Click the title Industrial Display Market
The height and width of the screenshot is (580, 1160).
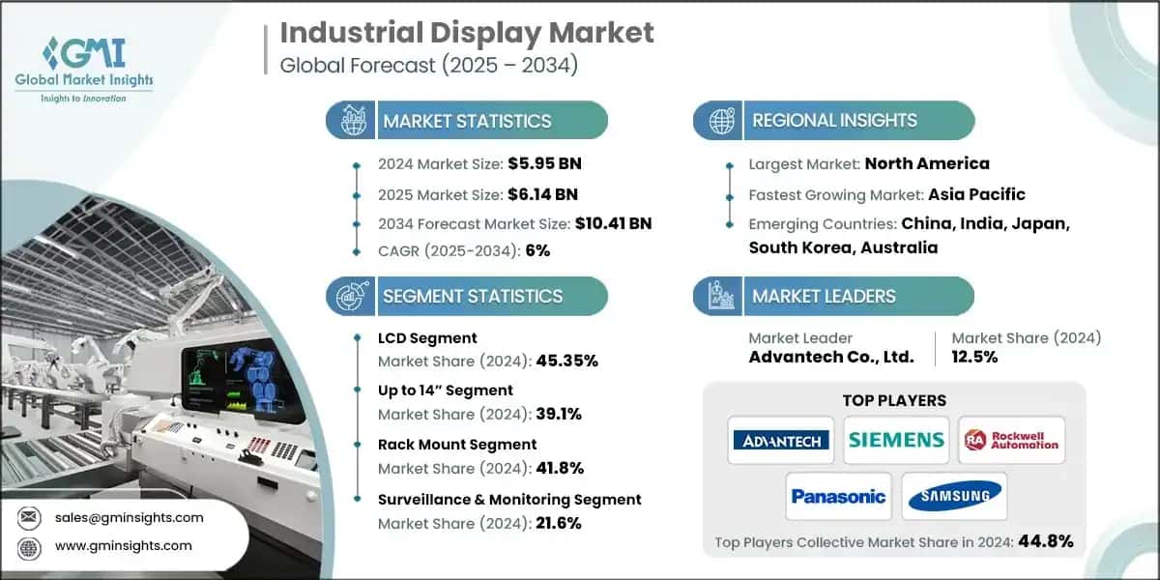click(466, 33)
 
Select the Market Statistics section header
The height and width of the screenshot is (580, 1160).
click(467, 121)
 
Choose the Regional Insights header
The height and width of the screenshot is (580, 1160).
click(834, 121)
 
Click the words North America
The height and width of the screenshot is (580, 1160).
click(926, 163)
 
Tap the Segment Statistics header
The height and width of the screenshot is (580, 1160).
click(472, 297)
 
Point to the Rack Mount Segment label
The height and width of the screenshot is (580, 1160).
click(457, 445)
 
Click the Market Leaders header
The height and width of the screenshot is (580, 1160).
click(824, 297)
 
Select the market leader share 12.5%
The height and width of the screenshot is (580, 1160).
click(974, 357)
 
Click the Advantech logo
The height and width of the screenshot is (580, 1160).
click(781, 441)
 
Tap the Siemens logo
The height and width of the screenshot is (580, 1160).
click(896, 441)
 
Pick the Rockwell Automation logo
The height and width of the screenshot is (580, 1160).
click(1011, 441)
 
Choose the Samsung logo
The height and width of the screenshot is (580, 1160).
click(954, 496)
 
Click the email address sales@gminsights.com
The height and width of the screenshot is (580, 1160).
click(129, 517)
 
